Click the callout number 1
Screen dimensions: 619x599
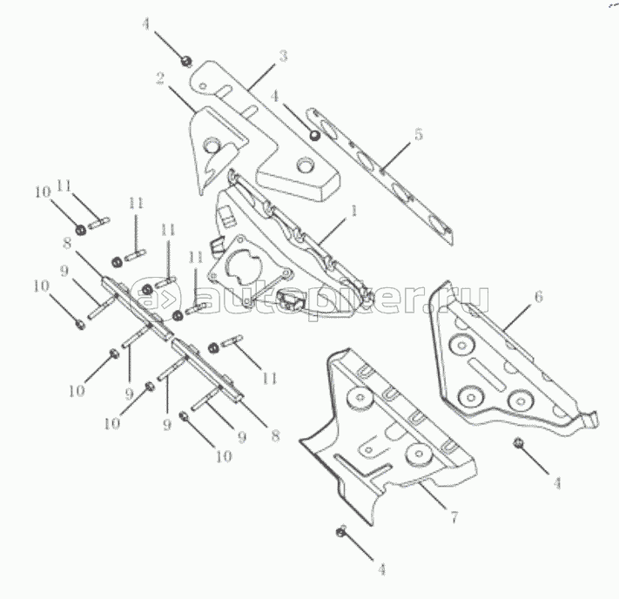[x=353, y=211]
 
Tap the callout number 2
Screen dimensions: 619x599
[x=160, y=78]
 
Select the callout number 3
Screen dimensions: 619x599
[x=284, y=56]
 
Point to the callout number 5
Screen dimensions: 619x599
[x=419, y=134]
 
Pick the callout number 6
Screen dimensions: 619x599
[x=539, y=297]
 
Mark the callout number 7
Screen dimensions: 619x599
[x=454, y=516]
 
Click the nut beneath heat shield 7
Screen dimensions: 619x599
[x=341, y=531]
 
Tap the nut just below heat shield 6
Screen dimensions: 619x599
[x=517, y=443]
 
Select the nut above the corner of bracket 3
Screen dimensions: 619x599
[x=186, y=61]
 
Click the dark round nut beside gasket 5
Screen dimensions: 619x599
[x=314, y=136]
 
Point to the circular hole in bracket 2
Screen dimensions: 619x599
[x=211, y=145]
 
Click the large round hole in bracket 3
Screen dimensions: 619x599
[x=305, y=165]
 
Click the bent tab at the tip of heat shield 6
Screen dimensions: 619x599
[x=590, y=420]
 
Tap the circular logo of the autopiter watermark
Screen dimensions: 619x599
[x=156, y=295]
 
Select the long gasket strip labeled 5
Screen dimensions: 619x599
[x=380, y=175]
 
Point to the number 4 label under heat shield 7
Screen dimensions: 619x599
[x=381, y=569]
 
